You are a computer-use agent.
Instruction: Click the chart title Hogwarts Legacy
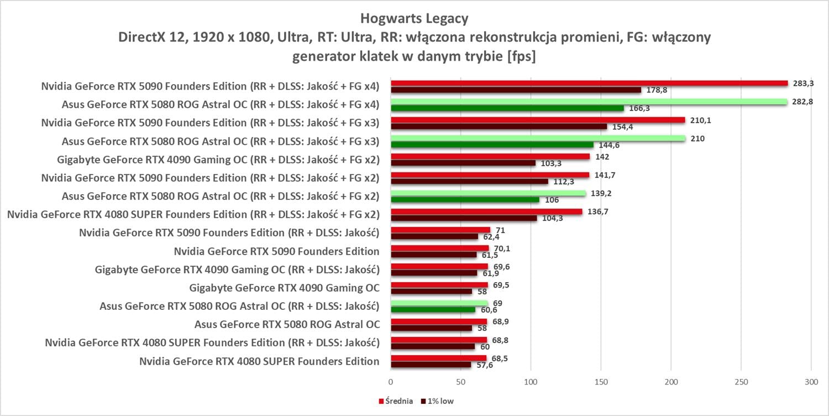[414, 19]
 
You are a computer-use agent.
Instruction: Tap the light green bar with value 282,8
[589, 102]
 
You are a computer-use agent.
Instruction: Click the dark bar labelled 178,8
[516, 90]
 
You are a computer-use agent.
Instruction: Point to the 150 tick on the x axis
[601, 382]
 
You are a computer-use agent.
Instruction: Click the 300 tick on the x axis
[811, 382]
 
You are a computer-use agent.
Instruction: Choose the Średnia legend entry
[395, 402]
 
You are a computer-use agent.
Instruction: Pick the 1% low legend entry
[437, 402]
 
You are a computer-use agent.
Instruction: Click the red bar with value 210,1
[538, 120]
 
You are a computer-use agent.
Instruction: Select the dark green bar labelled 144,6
[492, 145]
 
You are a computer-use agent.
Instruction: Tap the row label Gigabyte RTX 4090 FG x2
[218, 160]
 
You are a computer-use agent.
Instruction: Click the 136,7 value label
[594, 211]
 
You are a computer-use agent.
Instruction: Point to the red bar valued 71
[440, 230]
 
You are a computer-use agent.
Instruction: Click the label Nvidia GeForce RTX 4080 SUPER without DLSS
[259, 361]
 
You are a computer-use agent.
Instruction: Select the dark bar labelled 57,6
[431, 365]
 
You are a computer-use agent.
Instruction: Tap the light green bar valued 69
[439, 303]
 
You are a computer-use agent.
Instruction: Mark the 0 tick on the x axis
[391, 382]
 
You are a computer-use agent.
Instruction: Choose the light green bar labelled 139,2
[488, 193]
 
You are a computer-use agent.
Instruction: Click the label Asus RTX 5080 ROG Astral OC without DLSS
[287, 325]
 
